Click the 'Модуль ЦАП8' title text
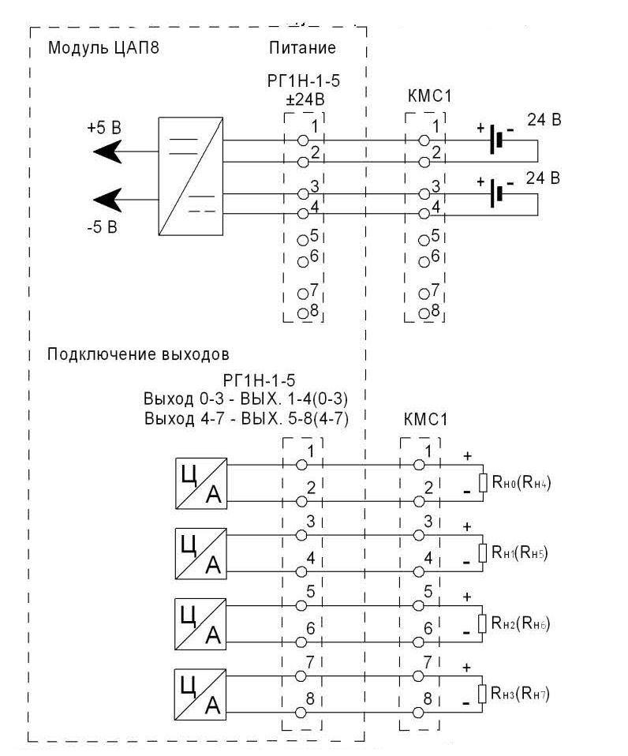103,48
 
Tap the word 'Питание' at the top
302,47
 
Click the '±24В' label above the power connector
305,99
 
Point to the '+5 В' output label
104,128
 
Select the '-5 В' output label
103,226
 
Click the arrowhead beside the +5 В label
108,152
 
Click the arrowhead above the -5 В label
108,200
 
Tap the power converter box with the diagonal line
191,176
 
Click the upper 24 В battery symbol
496,140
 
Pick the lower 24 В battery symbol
496,193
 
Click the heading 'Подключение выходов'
138,354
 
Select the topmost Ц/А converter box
201,483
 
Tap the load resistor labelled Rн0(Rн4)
483,483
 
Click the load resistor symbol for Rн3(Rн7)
482,694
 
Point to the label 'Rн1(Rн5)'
520,552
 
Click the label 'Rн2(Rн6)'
520,623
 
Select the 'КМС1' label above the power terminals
429,96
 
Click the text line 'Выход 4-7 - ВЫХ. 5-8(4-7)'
246,418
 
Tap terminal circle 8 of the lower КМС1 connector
418,712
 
